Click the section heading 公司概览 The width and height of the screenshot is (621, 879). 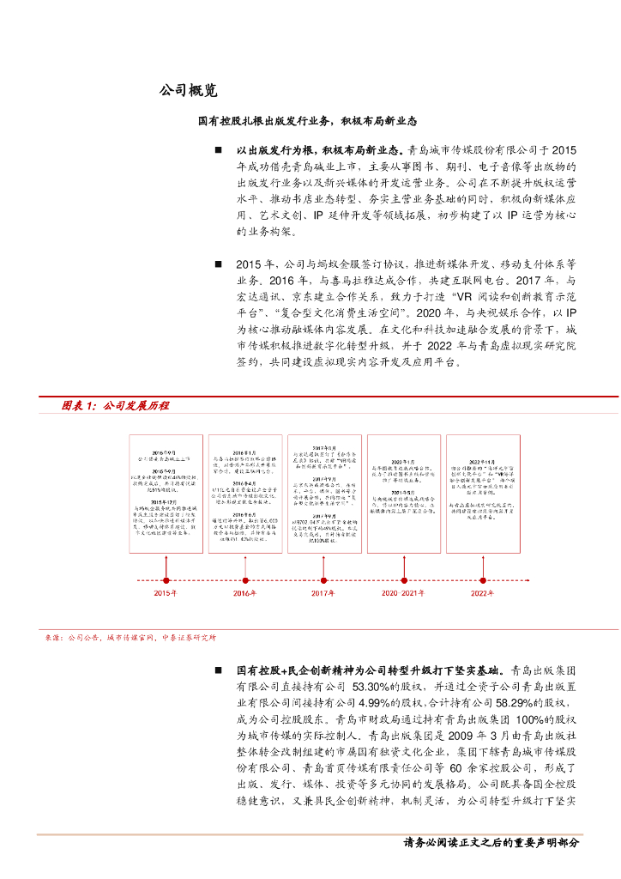[188, 90]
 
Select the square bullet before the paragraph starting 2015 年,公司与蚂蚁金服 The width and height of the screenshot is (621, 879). [218, 264]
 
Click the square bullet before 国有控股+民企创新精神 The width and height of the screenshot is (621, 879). [218, 669]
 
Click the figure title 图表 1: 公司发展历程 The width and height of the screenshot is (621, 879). [116, 405]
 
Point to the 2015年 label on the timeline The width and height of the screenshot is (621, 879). [165, 593]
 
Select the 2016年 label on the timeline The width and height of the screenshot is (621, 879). [244, 593]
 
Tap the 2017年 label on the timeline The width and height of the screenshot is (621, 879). [323, 593]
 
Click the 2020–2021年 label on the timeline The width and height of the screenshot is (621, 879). [402, 593]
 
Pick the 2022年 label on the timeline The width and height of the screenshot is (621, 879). [482, 593]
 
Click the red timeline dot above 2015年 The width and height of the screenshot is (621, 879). [166, 579]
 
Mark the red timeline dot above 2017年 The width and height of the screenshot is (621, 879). [323, 579]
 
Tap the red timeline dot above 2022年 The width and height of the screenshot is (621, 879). [482, 579]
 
